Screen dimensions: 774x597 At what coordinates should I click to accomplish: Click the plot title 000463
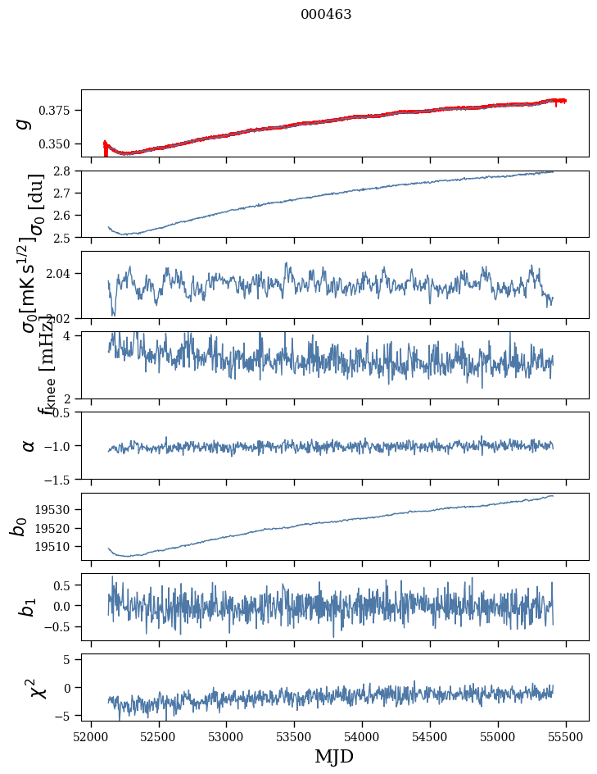(x=326, y=15)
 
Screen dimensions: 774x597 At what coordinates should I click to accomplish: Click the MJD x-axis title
(x=334, y=756)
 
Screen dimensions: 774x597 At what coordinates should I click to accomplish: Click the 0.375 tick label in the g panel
(x=60, y=111)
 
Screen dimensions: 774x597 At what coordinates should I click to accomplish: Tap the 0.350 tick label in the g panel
(x=60, y=144)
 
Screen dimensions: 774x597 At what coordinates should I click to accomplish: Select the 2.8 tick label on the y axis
(x=66, y=171)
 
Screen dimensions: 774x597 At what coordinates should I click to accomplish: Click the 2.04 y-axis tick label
(x=63, y=274)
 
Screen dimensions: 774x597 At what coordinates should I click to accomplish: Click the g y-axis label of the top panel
(x=25, y=123)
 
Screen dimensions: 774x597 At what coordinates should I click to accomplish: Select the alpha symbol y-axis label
(x=29, y=445)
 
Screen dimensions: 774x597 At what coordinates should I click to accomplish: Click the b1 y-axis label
(x=29, y=607)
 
